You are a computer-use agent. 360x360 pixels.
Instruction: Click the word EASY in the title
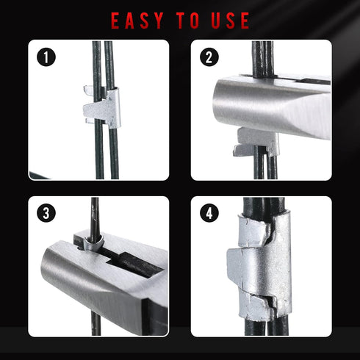[x=137, y=21]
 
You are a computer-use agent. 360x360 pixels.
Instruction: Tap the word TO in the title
[x=188, y=21]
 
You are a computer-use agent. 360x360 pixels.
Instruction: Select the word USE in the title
[x=231, y=21]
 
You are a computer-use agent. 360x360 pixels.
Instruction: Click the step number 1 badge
[x=46, y=57]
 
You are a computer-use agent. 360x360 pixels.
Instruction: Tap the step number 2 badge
[x=209, y=57]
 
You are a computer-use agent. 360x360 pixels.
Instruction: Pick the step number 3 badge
[x=46, y=213]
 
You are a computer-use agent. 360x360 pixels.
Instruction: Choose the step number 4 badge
[x=209, y=213]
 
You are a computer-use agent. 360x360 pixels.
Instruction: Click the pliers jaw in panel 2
[x=270, y=108]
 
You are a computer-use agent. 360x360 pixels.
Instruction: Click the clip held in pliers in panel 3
[x=93, y=243]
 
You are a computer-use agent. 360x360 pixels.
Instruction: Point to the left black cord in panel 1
[x=98, y=110]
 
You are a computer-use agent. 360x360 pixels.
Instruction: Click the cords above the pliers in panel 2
[x=262, y=59]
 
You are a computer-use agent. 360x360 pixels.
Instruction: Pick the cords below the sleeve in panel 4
[x=266, y=327]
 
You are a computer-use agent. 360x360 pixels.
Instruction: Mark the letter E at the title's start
[x=116, y=21]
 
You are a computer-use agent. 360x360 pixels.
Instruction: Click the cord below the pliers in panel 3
[x=96, y=323]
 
